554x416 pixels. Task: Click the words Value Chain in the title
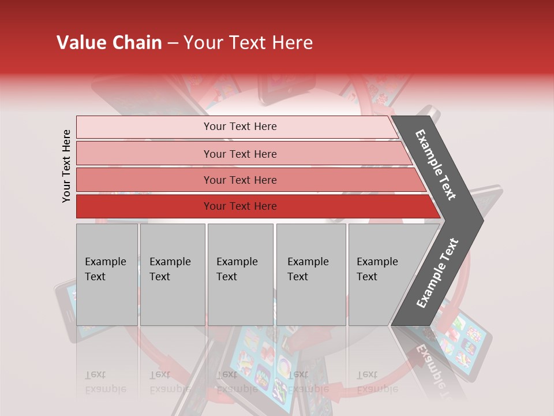pos(109,43)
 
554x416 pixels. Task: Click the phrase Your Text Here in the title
pos(248,43)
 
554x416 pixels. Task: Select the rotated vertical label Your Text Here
pos(66,166)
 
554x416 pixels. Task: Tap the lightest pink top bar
pos(239,127)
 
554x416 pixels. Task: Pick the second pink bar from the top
pos(239,154)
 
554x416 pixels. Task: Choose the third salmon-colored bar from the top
pos(239,180)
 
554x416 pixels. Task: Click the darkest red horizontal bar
pos(239,206)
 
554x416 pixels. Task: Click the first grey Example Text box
pos(107,274)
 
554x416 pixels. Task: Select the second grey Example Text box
pos(172,274)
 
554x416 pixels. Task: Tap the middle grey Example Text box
pos(240,274)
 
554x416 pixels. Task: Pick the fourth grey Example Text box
pos(310,274)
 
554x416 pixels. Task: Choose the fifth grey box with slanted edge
pos(381,274)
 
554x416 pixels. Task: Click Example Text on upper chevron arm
pos(436,165)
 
